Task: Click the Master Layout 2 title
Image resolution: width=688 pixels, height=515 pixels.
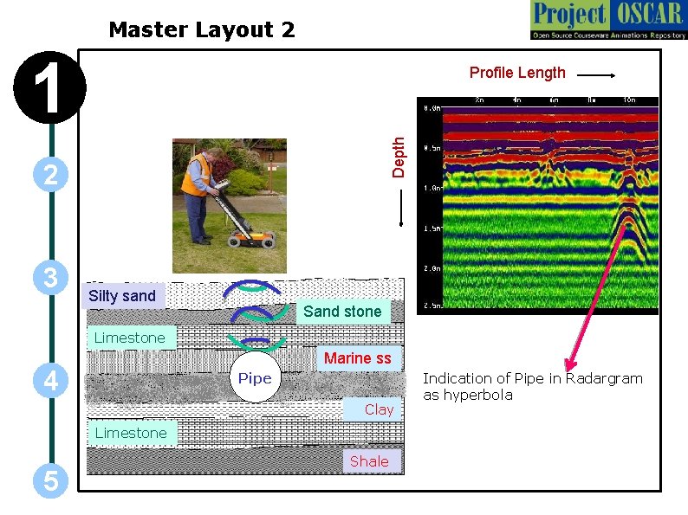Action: pos(201,30)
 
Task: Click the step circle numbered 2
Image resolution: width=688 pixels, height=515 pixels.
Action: pos(50,175)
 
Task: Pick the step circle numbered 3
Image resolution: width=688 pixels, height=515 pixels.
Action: pos(50,279)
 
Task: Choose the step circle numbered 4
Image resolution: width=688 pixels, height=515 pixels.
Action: pos(50,379)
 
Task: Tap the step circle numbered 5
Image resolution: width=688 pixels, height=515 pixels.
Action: pos(50,481)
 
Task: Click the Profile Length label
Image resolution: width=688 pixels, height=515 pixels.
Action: pos(517,73)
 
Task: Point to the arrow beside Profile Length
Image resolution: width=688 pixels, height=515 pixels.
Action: pos(596,75)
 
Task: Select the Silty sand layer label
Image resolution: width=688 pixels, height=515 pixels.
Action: pos(122,296)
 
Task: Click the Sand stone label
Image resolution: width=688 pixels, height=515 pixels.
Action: pos(341,312)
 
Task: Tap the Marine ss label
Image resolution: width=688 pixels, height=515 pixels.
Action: pos(357,358)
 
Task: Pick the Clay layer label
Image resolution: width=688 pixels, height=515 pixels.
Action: pos(379,409)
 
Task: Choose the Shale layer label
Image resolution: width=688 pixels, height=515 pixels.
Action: pos(369,461)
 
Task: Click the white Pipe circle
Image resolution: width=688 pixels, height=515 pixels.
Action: pos(255,378)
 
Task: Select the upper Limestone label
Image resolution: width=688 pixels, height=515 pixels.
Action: pos(129,338)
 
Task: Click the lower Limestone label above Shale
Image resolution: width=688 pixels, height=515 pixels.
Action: pos(130,433)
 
